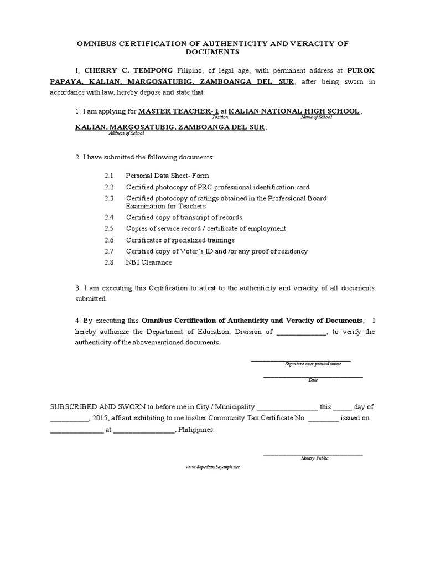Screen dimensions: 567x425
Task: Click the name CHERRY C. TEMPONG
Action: [128, 71]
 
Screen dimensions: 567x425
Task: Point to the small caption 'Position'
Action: [220, 118]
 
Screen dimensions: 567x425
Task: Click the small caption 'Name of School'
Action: [317, 118]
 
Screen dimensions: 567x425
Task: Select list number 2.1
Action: [108, 175]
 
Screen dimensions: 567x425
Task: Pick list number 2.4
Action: [108, 217]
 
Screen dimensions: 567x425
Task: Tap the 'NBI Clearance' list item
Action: [149, 262]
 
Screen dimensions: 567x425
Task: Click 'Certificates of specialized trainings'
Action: [180, 240]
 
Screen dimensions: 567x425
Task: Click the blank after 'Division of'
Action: [301, 332]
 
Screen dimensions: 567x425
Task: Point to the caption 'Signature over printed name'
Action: [313, 364]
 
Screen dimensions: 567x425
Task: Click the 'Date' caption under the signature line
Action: [313, 380]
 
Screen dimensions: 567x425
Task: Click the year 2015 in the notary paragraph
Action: [102, 417]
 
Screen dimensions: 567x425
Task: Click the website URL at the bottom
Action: [212, 467]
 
